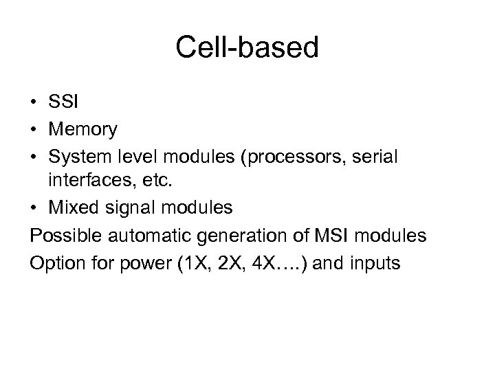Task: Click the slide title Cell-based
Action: pyautogui.click(x=247, y=48)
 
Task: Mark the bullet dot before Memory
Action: pyautogui.click(x=34, y=129)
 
